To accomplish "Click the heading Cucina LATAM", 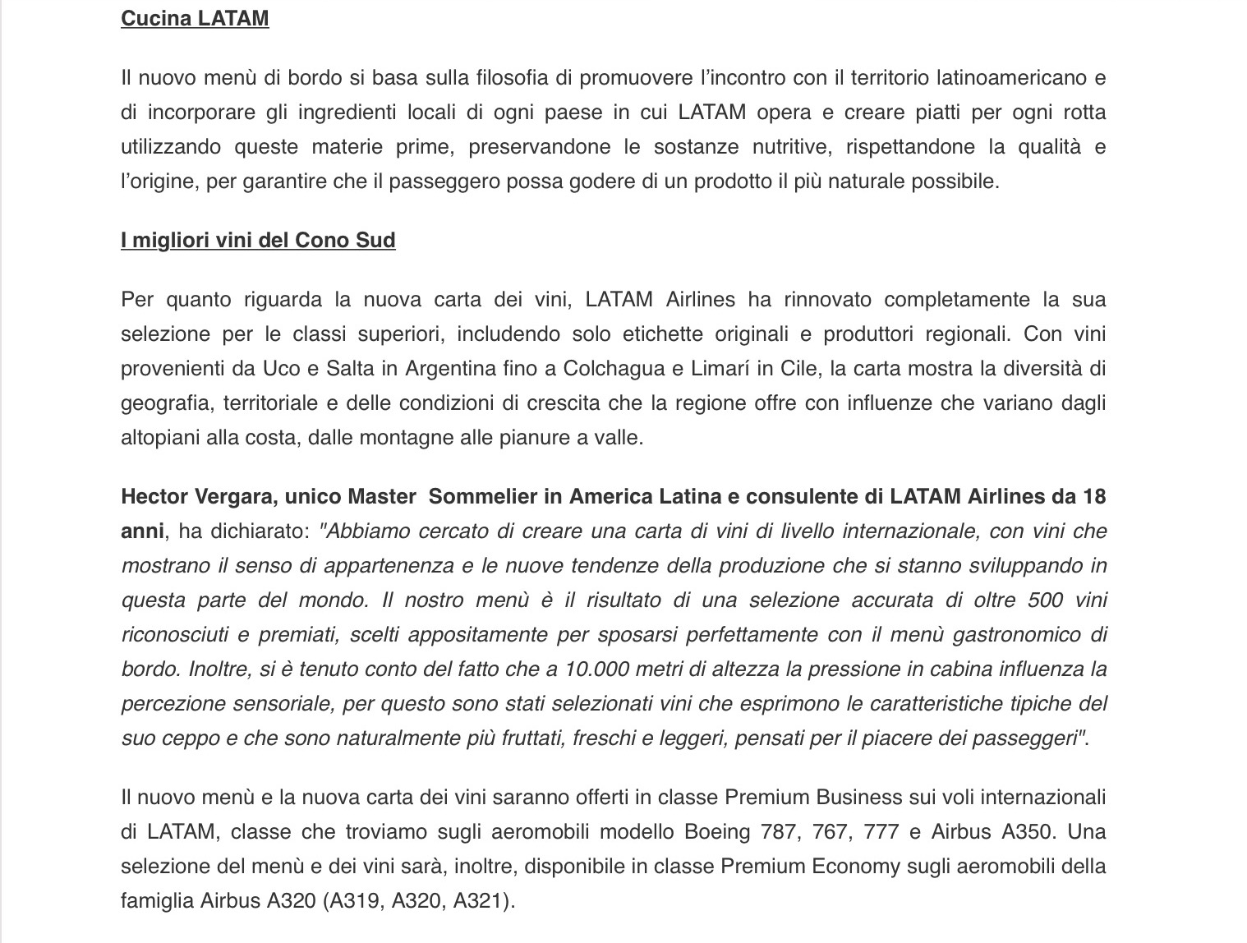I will click(x=195, y=18).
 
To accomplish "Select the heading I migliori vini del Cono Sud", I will click(x=258, y=240).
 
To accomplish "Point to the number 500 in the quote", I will click(x=1045, y=600).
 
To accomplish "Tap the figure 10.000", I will click(x=595, y=669).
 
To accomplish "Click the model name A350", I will click(x=1027, y=831).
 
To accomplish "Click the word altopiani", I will click(x=160, y=437).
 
